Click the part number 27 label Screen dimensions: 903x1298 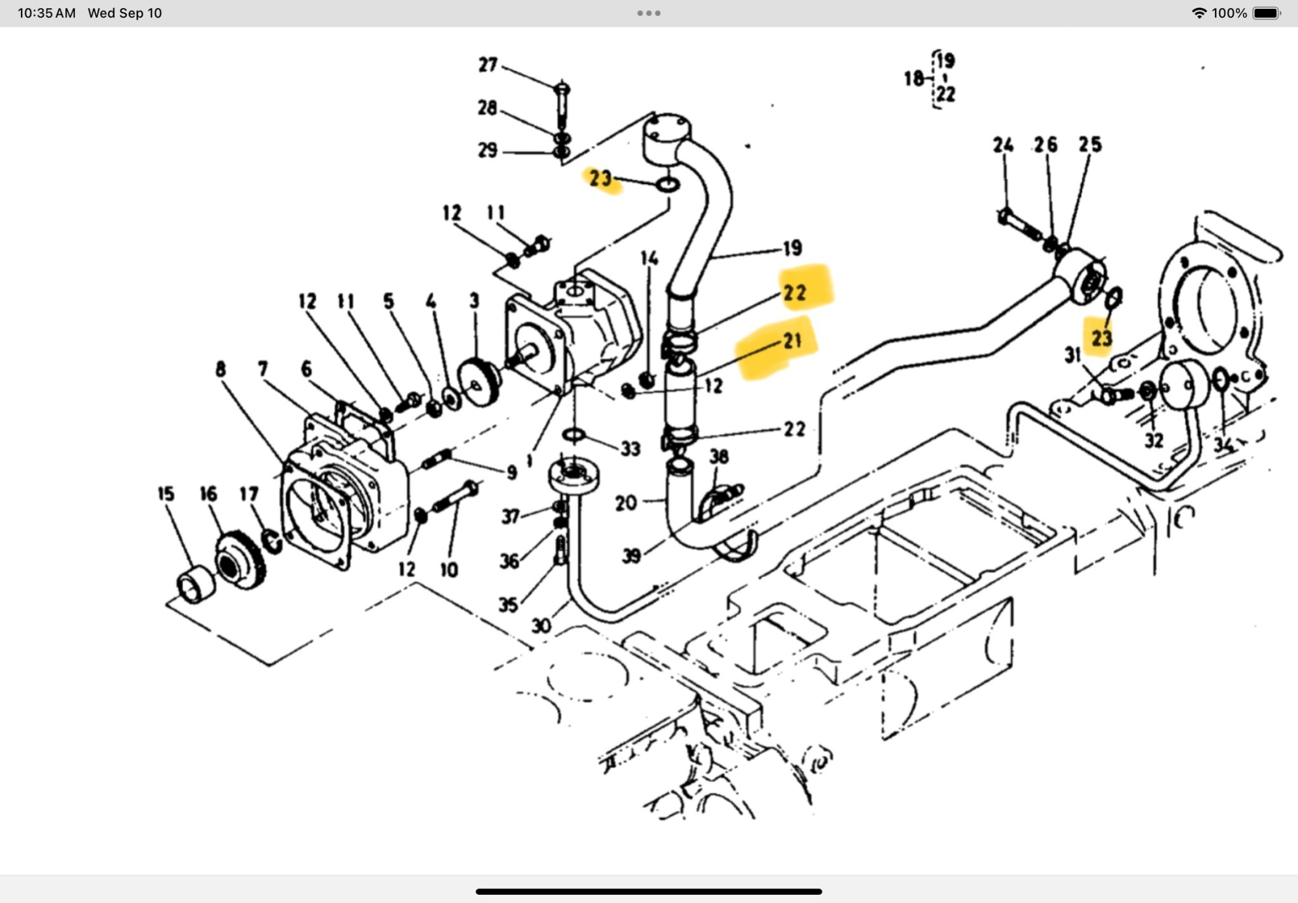(x=487, y=65)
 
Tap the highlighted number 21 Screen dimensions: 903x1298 (x=792, y=341)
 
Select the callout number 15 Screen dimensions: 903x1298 (x=166, y=494)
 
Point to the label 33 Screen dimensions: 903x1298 (x=630, y=449)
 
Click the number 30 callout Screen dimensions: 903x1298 (x=541, y=626)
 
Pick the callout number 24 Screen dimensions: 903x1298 (x=1003, y=145)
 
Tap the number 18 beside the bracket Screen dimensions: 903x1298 (x=913, y=79)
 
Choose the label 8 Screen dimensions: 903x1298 (x=220, y=369)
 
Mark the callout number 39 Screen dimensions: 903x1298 (x=631, y=555)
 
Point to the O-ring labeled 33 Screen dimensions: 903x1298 (x=574, y=435)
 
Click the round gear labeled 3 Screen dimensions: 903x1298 (x=478, y=380)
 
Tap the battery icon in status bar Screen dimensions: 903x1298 (x=1266, y=13)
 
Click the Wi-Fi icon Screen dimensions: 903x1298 (x=1198, y=13)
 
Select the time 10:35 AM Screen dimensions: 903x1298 (x=46, y=13)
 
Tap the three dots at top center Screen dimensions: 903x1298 (x=648, y=13)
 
